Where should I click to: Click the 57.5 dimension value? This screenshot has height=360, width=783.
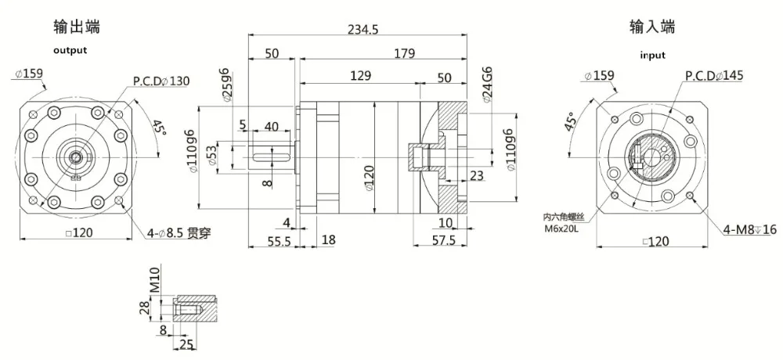pyautogui.click(x=444, y=241)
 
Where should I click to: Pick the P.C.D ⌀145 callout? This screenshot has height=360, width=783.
pyautogui.click(x=713, y=75)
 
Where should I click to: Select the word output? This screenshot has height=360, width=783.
pyautogui.click(x=70, y=50)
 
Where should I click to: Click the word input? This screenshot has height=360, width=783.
pyautogui.click(x=652, y=55)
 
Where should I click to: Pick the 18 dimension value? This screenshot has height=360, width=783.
pyautogui.click(x=328, y=241)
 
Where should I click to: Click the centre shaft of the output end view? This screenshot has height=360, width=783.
pyautogui.click(x=77, y=158)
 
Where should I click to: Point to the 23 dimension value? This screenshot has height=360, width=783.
pyautogui.click(x=476, y=175)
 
